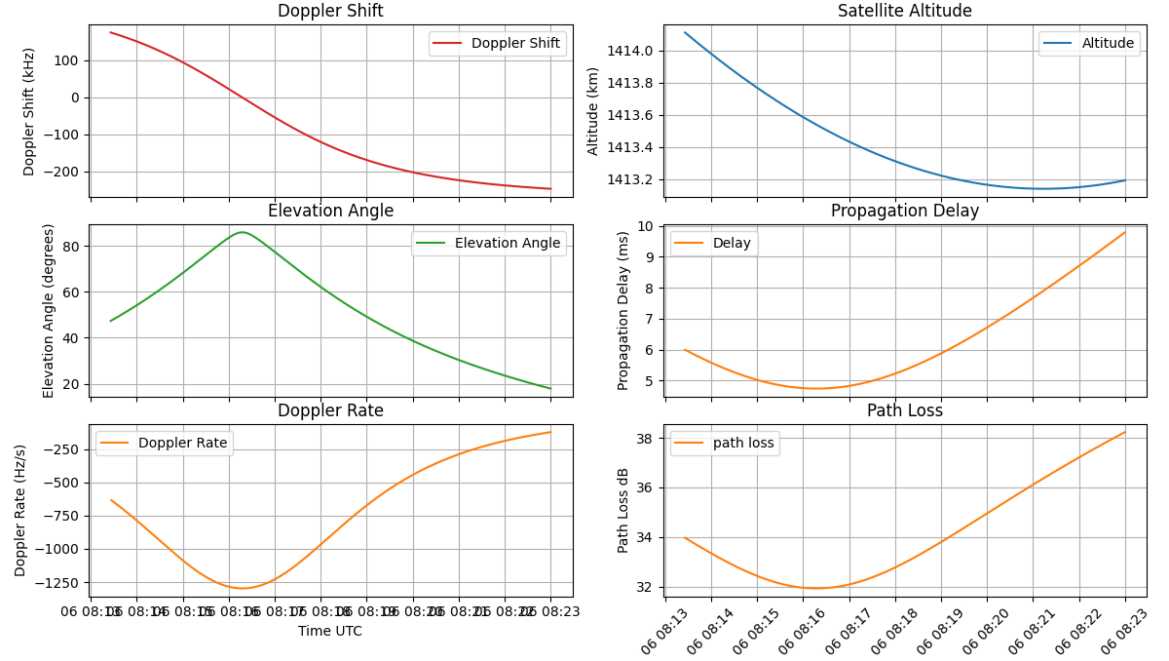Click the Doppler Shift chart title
(330, 12)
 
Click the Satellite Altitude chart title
(904, 12)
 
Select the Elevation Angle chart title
(330, 212)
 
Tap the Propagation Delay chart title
(904, 212)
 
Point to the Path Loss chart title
(904, 411)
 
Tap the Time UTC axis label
(330, 632)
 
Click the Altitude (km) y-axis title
(593, 111)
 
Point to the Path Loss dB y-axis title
(623, 510)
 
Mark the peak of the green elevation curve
(242, 232)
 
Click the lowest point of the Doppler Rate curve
(243, 588)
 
